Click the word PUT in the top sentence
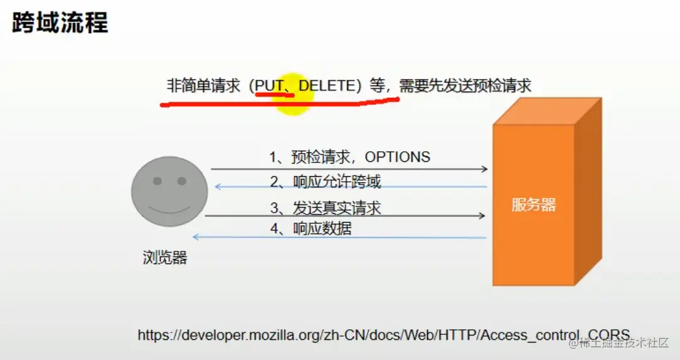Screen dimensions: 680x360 coord(269,85)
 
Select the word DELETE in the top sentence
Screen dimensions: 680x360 coord(327,85)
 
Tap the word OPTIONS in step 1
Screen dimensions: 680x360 coord(397,157)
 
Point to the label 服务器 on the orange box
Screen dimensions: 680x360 coord(533,204)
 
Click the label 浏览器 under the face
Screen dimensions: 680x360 coord(164,257)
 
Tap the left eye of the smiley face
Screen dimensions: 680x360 coord(157,181)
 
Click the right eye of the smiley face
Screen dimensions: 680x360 coord(181,181)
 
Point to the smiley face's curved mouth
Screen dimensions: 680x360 coord(169,208)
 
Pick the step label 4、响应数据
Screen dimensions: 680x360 coord(311,228)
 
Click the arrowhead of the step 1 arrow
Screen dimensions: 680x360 coord(484,169)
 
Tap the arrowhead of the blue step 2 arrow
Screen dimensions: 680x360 coord(218,186)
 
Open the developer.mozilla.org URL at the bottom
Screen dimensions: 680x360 coord(383,335)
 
